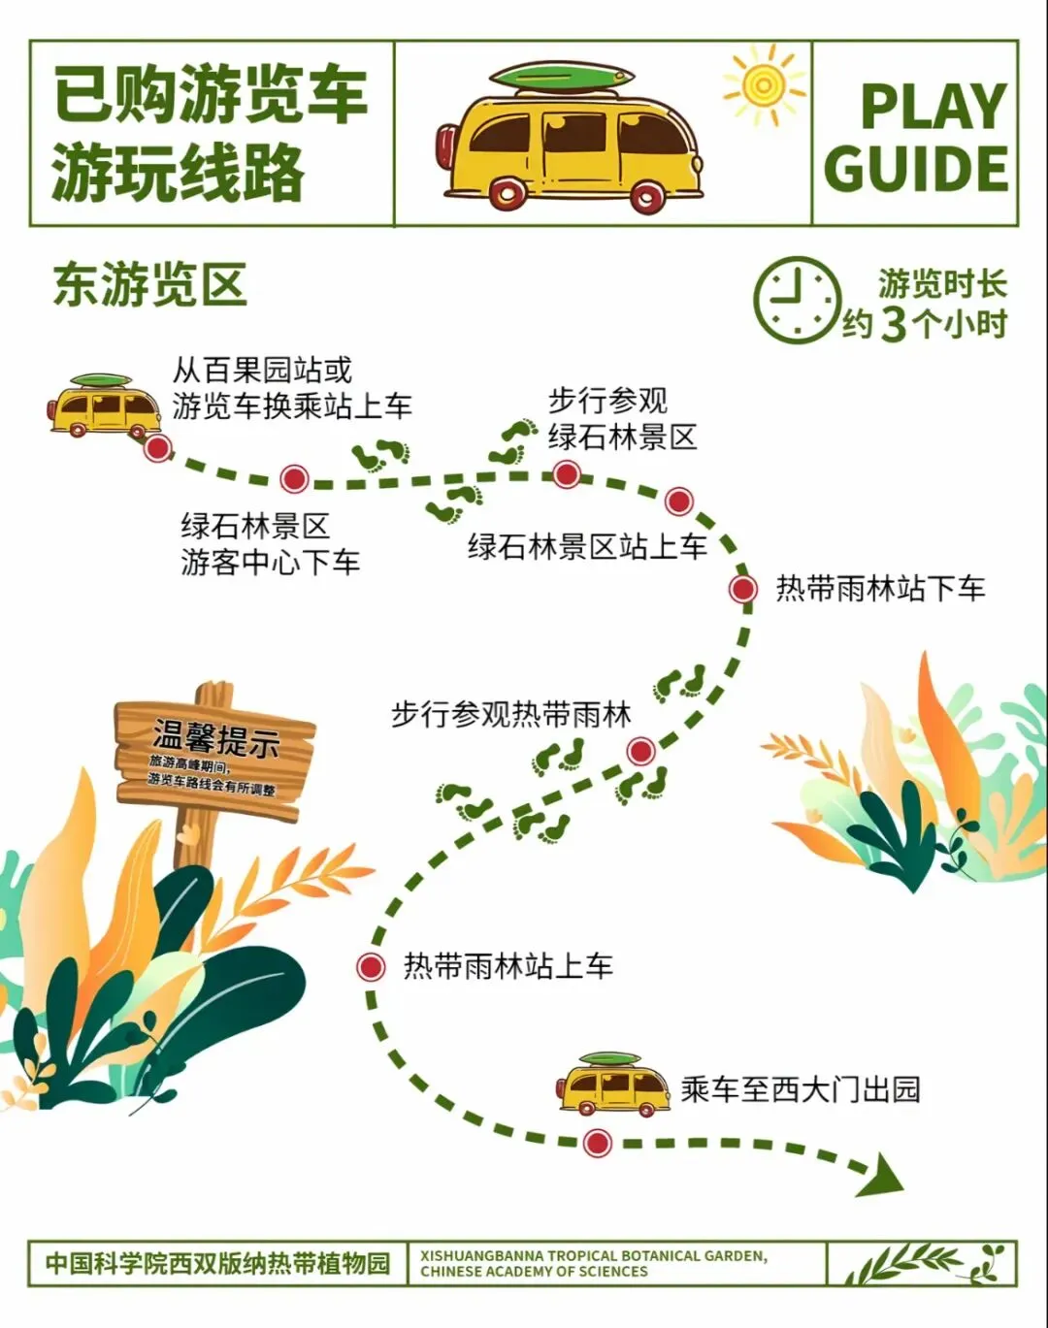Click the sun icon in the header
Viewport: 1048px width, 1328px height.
point(764,86)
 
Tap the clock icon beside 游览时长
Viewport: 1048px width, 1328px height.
point(796,300)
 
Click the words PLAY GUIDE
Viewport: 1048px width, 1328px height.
point(917,137)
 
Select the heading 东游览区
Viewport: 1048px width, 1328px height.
point(150,285)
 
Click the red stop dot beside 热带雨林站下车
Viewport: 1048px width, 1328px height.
point(743,588)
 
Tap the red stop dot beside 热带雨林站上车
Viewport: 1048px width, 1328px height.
point(370,966)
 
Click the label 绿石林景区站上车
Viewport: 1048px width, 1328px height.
point(587,547)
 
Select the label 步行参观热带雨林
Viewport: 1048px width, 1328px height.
point(511,715)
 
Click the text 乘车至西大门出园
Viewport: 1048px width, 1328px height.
point(800,1089)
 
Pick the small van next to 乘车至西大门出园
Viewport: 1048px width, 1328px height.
point(613,1084)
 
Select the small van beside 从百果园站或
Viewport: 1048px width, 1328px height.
point(104,406)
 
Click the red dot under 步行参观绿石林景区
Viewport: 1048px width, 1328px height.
point(567,474)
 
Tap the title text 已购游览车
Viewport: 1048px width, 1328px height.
point(211,94)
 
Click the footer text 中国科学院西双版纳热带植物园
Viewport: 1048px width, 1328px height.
point(217,1263)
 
